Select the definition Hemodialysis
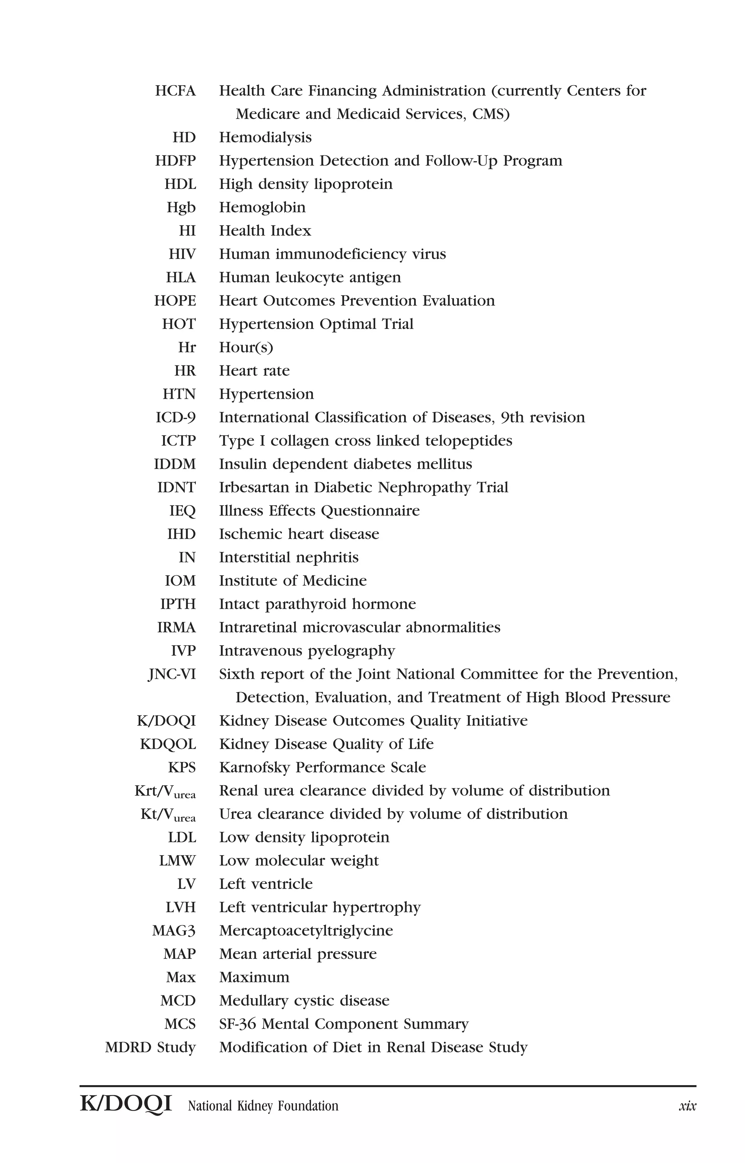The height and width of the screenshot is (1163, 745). click(265, 138)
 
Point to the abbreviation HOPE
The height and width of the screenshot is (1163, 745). click(175, 301)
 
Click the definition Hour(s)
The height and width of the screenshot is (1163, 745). click(246, 348)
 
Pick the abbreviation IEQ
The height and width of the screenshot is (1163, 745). click(182, 511)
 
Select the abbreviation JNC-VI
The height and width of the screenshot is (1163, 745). click(172, 674)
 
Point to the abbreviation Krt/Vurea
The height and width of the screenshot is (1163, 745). click(165, 791)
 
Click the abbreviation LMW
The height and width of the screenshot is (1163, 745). click(177, 861)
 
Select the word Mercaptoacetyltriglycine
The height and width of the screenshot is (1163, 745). click(306, 931)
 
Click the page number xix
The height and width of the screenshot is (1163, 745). click(687, 1106)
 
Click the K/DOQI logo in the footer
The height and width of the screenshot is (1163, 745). click(126, 1104)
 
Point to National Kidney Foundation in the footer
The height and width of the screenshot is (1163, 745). click(263, 1106)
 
